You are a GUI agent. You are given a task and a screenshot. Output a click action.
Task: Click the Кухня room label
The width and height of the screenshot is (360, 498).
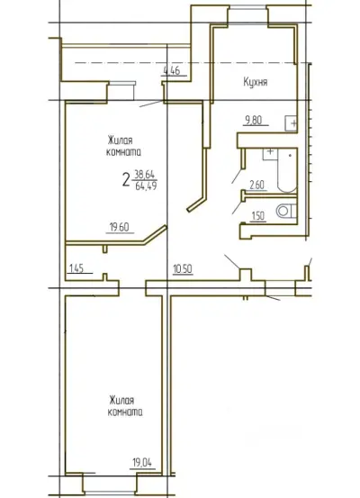pyautogui.click(x=256, y=82)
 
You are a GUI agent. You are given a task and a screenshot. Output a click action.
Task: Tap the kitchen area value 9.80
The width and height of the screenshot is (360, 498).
pyautogui.click(x=253, y=120)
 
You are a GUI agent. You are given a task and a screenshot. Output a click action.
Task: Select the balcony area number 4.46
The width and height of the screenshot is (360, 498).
pyautogui.click(x=172, y=70)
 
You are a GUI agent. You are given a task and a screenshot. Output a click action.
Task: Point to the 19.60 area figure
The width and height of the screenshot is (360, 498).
pyautogui.click(x=120, y=227)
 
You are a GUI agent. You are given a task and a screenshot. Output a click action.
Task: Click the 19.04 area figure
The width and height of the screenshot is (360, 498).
pyautogui.click(x=142, y=463)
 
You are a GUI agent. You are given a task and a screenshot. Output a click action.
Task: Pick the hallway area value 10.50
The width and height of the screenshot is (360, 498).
pyautogui.click(x=183, y=269)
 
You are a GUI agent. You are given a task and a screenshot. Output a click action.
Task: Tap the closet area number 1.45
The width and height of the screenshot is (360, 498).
pyautogui.click(x=76, y=268)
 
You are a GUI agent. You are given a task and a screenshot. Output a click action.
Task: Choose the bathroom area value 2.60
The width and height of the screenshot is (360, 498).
pyautogui.click(x=257, y=185)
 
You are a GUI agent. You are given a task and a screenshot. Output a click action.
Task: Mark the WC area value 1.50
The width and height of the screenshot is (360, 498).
pyautogui.click(x=257, y=215)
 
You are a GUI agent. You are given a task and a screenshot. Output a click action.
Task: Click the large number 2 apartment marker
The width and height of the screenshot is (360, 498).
pyautogui.click(x=126, y=180)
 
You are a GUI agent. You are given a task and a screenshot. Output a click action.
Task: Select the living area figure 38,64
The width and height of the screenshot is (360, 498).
pyautogui.click(x=144, y=175)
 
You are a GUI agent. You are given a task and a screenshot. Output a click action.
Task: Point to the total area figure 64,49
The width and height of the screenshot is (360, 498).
pyautogui.click(x=146, y=186)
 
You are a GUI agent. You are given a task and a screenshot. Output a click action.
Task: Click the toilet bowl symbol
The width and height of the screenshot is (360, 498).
pyautogui.click(x=286, y=211)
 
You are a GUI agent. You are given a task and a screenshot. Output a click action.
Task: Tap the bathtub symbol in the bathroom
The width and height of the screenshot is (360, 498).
pyautogui.click(x=287, y=170)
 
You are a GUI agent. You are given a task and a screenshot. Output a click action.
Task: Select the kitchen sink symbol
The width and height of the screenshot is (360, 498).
pyautogui.click(x=291, y=122)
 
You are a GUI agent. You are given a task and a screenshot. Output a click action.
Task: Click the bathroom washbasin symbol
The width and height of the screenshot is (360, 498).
pyautogui.click(x=270, y=154)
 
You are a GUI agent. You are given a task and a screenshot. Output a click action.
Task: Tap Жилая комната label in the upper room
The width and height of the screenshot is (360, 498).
pyautogui.click(x=123, y=146)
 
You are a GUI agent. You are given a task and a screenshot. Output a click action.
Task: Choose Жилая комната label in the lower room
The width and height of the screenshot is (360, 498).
pyautogui.click(x=125, y=406)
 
